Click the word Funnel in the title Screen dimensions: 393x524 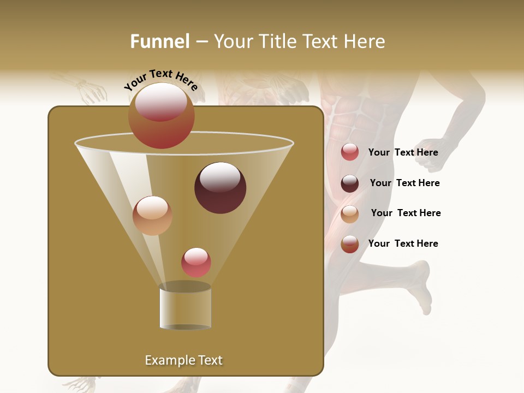159,41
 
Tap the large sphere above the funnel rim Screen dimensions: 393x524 162,116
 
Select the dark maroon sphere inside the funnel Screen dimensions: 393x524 220,188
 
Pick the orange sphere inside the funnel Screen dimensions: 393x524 152,216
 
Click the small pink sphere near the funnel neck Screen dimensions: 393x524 196,263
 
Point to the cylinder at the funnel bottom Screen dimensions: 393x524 185,307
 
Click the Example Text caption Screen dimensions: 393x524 183,360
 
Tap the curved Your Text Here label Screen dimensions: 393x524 161,80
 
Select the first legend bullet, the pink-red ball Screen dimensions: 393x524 350,152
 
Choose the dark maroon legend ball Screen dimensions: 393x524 350,183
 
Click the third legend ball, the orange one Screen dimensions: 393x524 350,214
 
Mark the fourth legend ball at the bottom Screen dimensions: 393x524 350,244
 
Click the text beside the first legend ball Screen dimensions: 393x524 403,153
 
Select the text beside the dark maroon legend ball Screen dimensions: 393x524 404,183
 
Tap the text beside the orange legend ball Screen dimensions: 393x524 406,213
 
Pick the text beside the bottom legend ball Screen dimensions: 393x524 403,244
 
